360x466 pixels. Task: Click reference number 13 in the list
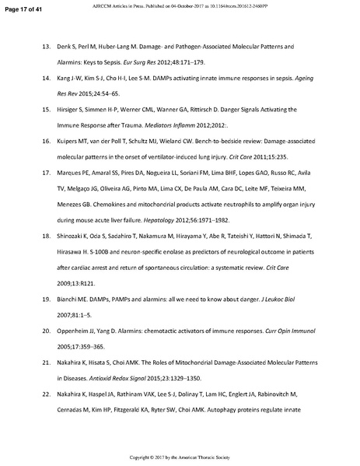[x=46, y=47]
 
